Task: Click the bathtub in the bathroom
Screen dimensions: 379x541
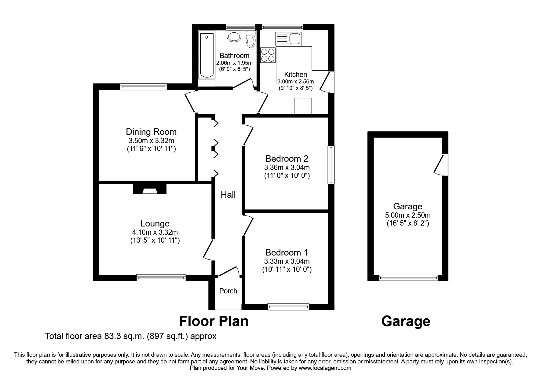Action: (207, 56)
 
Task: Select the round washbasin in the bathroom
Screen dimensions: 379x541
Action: (234, 37)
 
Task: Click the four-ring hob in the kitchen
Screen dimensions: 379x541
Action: (268, 55)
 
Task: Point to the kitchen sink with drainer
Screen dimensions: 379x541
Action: (288, 39)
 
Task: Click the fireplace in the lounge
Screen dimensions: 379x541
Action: (150, 189)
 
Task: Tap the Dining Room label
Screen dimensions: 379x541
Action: (151, 132)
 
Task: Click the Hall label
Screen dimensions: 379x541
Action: (228, 195)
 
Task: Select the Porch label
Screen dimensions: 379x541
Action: (228, 291)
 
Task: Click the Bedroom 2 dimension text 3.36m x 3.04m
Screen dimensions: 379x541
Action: (287, 167)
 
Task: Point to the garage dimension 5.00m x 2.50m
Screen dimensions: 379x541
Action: (408, 215)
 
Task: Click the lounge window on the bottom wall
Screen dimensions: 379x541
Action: (161, 278)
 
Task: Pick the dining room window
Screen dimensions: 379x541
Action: (144, 87)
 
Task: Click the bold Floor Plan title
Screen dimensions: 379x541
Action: (213, 321)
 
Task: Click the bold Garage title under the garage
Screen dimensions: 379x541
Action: (406, 321)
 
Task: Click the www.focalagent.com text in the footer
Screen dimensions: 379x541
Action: (325, 368)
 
